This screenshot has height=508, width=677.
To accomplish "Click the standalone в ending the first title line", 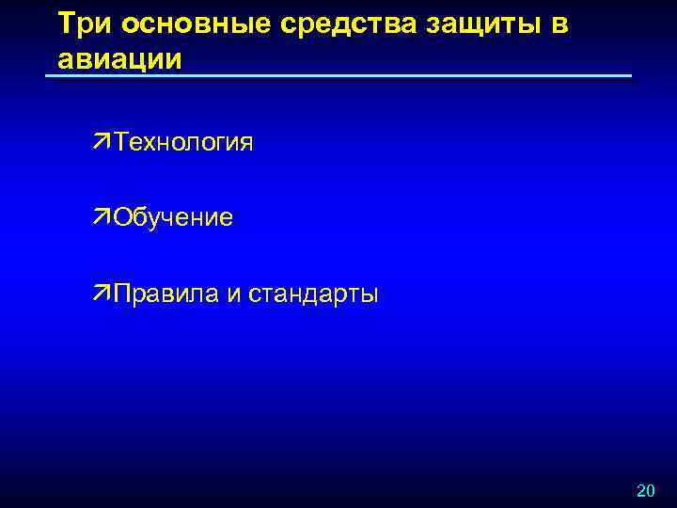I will click(x=559, y=25).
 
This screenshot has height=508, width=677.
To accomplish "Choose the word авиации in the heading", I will click(x=119, y=58).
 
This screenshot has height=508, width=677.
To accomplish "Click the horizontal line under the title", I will click(x=338, y=76).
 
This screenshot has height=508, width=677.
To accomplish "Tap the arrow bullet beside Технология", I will click(x=102, y=142).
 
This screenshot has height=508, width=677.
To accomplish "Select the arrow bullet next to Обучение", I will click(x=102, y=217).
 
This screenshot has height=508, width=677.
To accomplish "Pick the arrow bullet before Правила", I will click(x=102, y=293).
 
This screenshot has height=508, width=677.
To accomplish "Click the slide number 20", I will click(x=646, y=490).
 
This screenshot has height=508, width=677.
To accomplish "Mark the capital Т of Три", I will click(x=64, y=24).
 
